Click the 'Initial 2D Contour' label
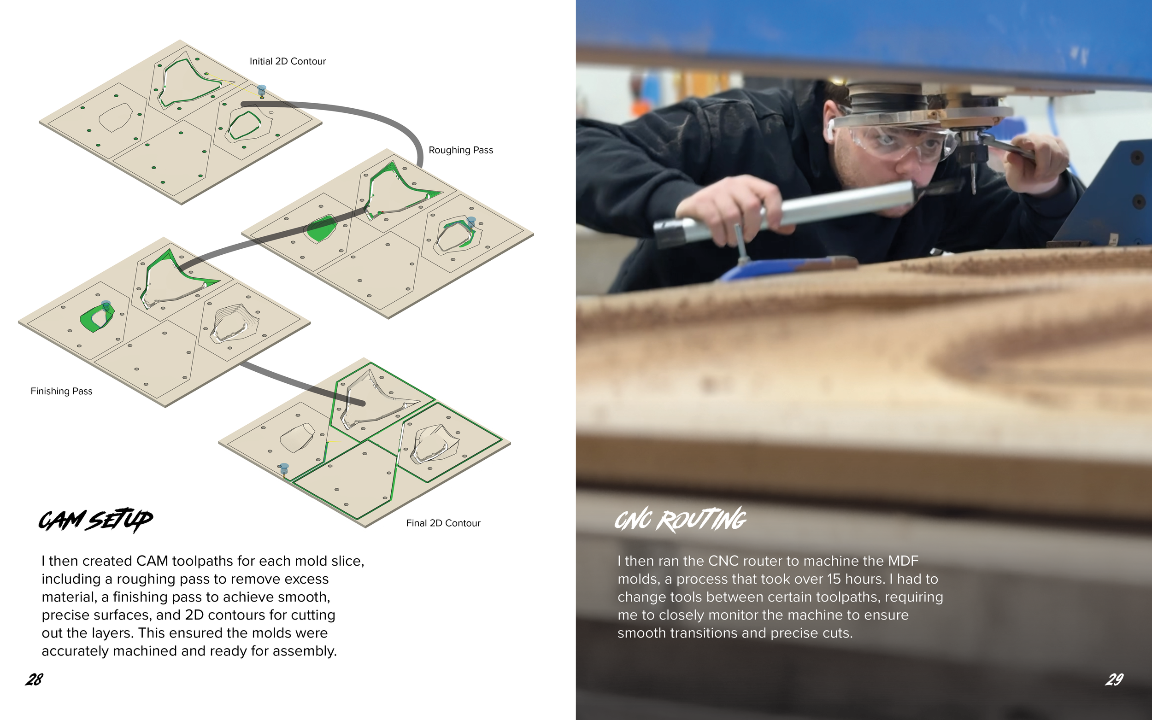click(x=288, y=61)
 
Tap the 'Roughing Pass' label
click(x=460, y=150)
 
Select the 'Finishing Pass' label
click(x=61, y=391)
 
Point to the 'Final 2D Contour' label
click(x=443, y=523)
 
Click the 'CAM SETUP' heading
click(x=96, y=520)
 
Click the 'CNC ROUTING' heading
click(x=681, y=519)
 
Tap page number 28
click(x=34, y=679)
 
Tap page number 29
click(x=1114, y=679)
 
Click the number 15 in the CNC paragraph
click(x=834, y=579)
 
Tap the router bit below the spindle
click(x=973, y=179)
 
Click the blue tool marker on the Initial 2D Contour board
click(x=261, y=90)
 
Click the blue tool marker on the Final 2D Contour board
click(x=284, y=468)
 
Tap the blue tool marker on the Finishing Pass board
click(x=106, y=305)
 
